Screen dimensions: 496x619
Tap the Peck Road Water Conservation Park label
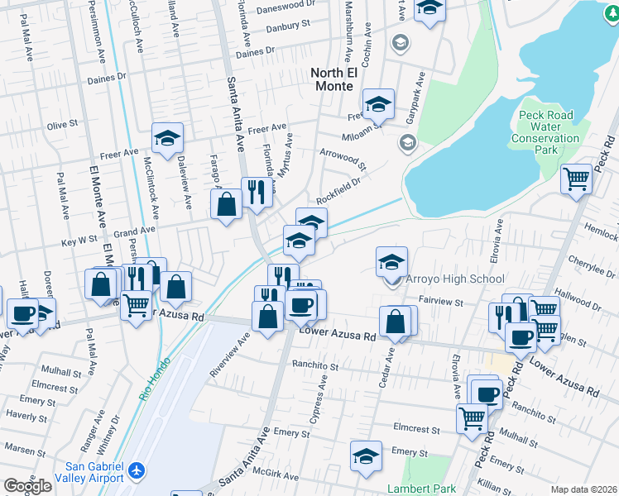click(545, 132)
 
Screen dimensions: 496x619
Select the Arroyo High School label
click(454, 279)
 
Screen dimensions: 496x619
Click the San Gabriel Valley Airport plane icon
click(137, 471)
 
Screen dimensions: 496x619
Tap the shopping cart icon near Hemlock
click(576, 179)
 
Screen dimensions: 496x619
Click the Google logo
click(27, 486)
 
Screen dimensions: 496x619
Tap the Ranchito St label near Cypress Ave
click(314, 365)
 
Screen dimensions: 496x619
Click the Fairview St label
click(440, 303)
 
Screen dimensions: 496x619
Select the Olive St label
click(62, 125)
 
